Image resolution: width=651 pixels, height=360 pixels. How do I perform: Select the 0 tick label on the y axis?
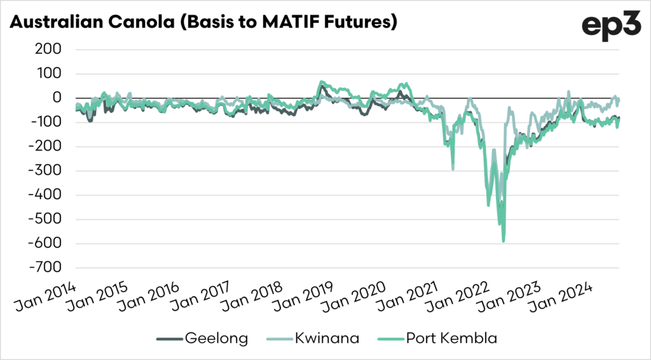tap(57, 98)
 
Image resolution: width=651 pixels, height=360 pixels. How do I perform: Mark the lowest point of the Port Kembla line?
tap(504, 242)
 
